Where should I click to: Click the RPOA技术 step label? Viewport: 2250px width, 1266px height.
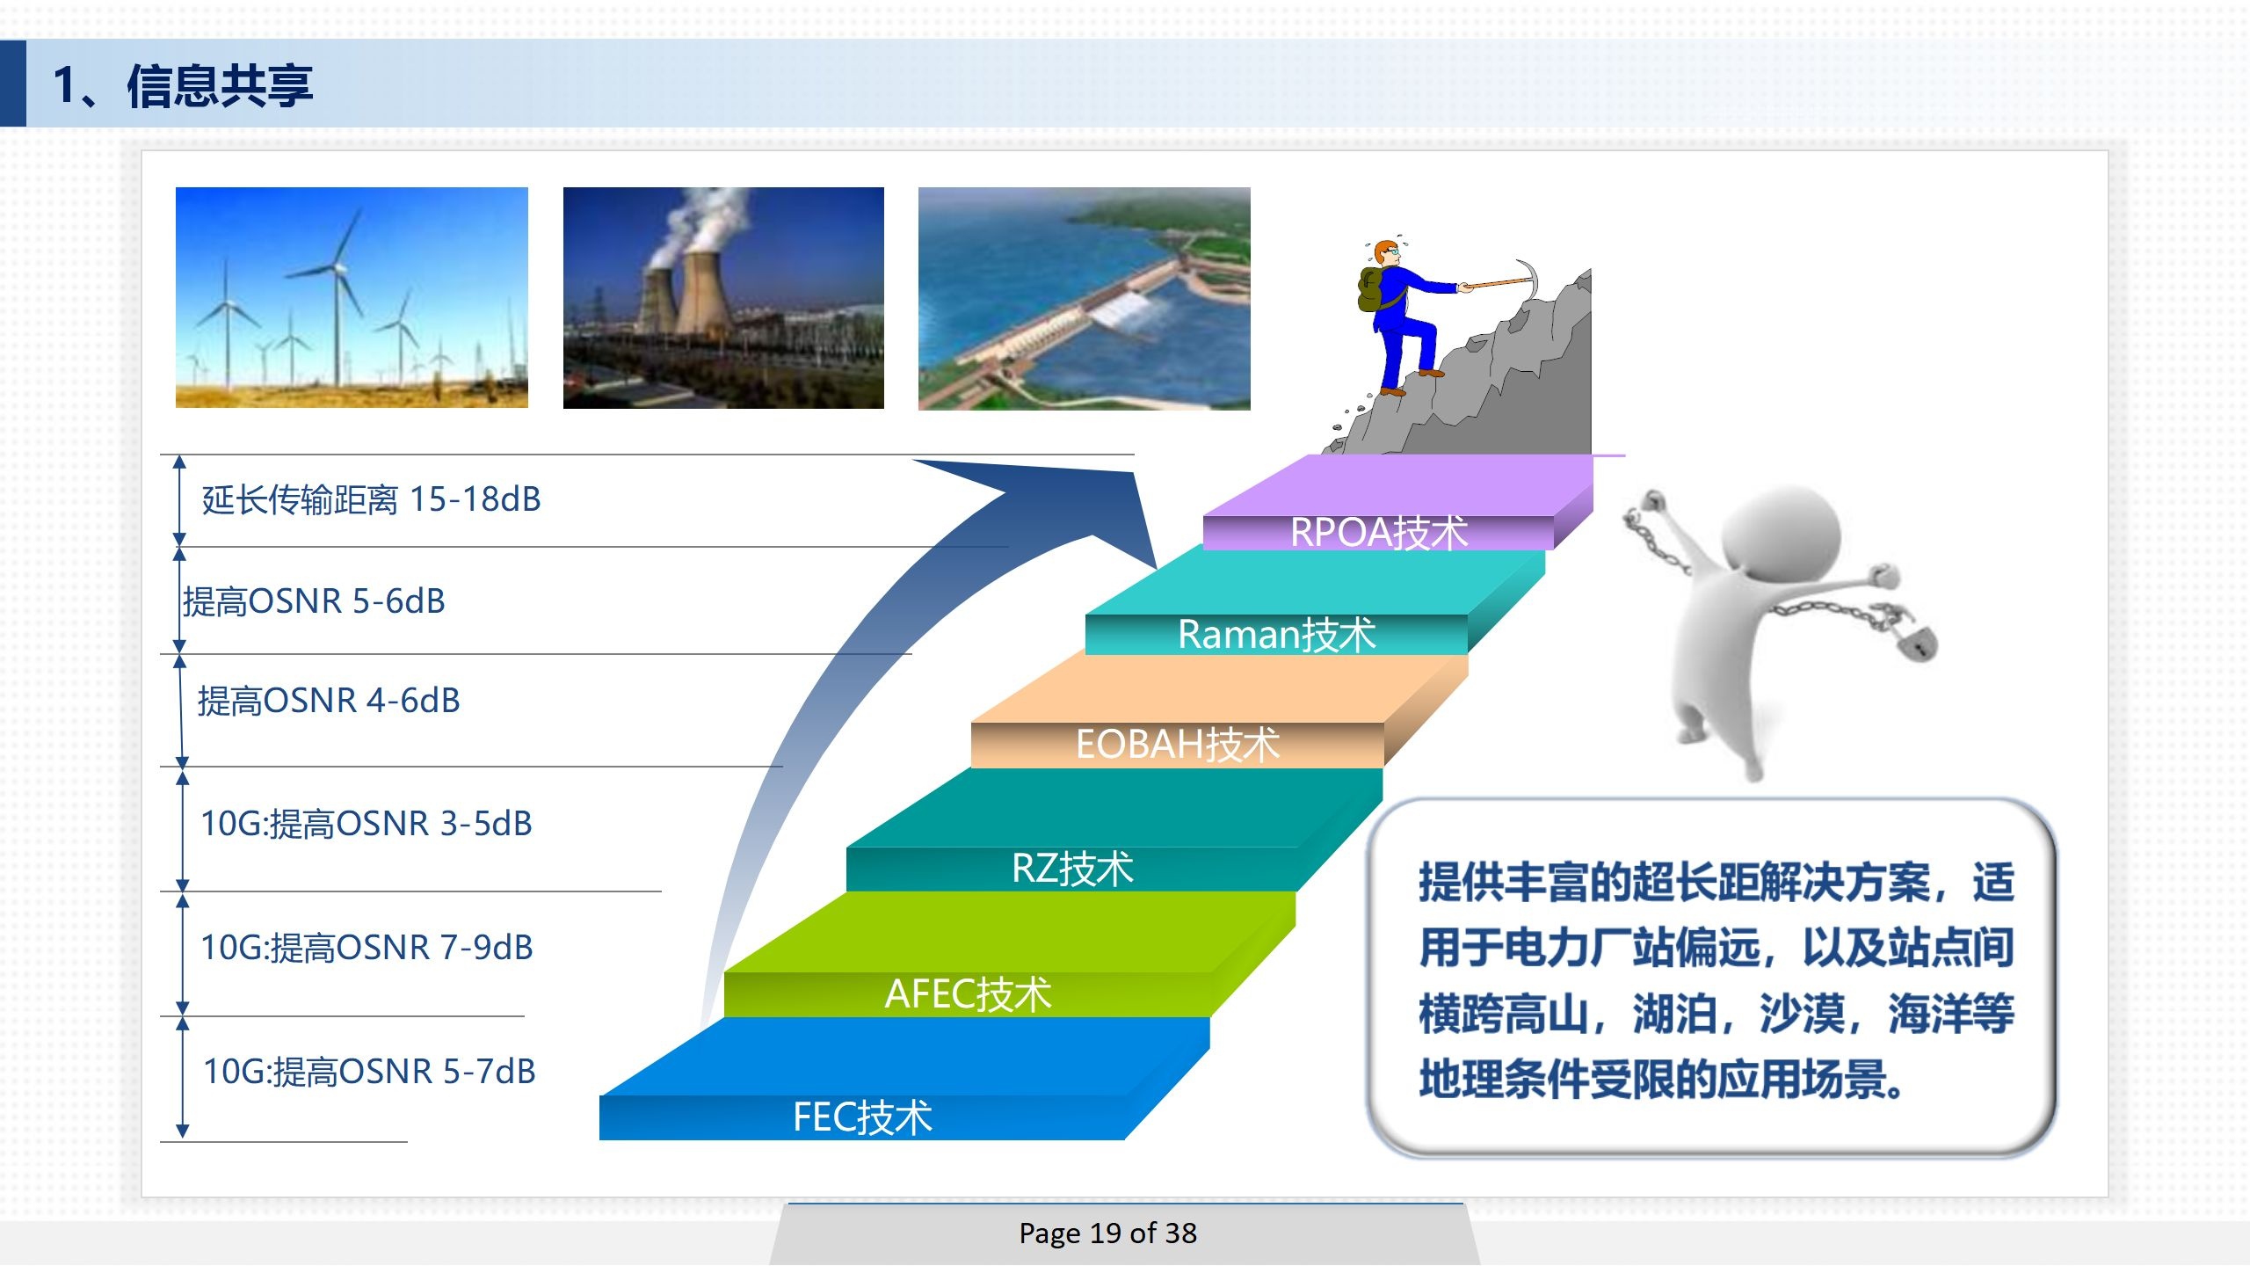1378,532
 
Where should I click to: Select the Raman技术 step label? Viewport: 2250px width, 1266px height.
1276,634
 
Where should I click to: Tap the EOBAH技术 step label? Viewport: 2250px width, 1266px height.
1178,745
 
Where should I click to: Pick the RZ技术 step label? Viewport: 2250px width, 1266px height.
1072,869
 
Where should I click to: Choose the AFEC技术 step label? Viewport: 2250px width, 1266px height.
968,993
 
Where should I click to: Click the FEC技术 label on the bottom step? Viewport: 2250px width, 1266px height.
862,1117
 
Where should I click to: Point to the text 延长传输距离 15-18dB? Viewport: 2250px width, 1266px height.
371,499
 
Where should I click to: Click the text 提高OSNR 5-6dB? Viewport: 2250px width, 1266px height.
314,601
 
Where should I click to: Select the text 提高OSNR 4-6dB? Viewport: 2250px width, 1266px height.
329,701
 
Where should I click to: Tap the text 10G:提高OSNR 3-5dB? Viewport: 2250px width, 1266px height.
367,824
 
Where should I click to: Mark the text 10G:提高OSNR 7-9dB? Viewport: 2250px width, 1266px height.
367,948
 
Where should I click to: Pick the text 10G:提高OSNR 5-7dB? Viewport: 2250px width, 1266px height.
369,1072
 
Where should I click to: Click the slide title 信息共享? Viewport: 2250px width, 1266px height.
220,86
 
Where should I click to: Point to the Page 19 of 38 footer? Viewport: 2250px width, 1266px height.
1107,1233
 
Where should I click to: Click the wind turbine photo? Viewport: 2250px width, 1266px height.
352,297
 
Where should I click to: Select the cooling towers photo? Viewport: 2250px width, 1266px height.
723,298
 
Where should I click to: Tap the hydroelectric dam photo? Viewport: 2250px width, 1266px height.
1084,299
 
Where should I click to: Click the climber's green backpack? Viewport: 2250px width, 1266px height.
1371,289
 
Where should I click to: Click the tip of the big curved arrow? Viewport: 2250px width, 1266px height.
1156,568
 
